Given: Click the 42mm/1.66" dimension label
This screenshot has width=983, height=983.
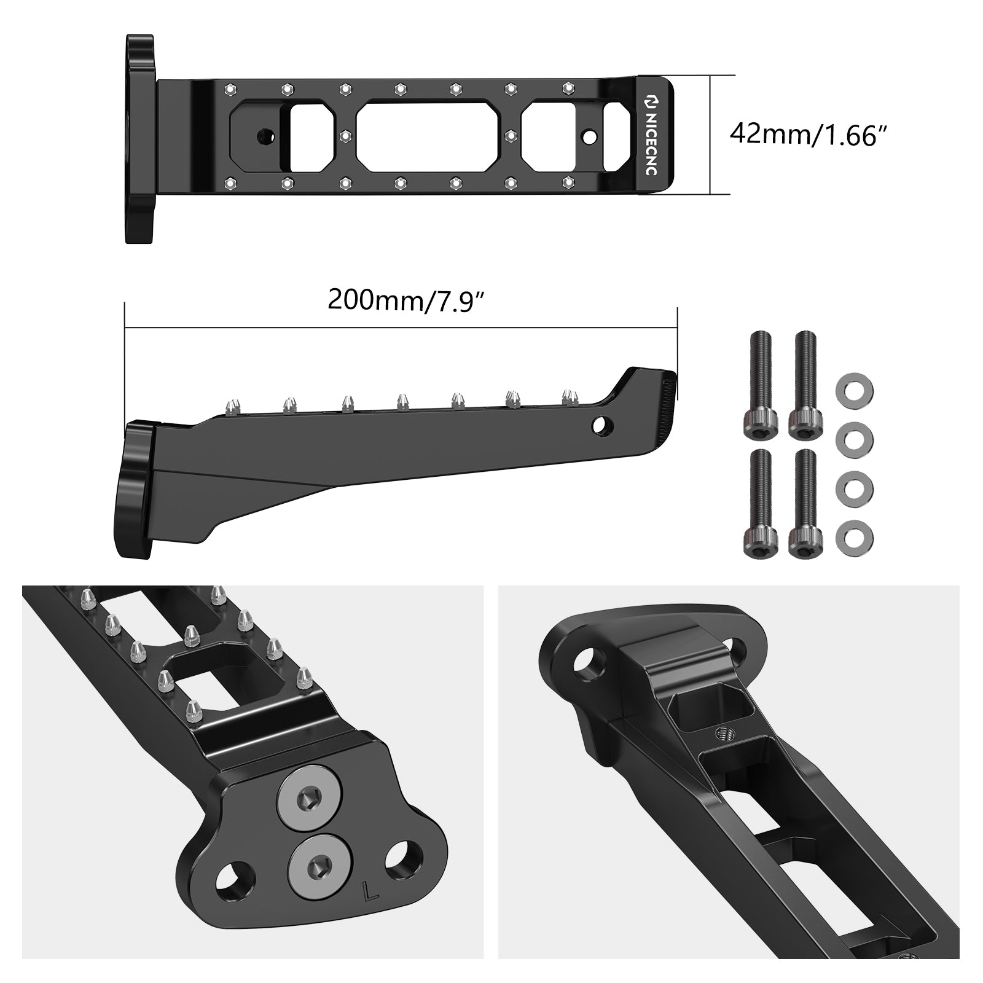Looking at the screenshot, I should [810, 134].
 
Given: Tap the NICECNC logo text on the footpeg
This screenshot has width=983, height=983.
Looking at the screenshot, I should [651, 135].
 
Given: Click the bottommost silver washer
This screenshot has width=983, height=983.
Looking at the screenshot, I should [855, 536].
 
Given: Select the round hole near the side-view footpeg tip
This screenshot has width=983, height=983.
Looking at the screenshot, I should [603, 425].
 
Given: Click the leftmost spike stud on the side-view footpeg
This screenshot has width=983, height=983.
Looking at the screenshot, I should [233, 406].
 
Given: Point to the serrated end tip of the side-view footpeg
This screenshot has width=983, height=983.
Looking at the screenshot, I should [669, 405].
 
